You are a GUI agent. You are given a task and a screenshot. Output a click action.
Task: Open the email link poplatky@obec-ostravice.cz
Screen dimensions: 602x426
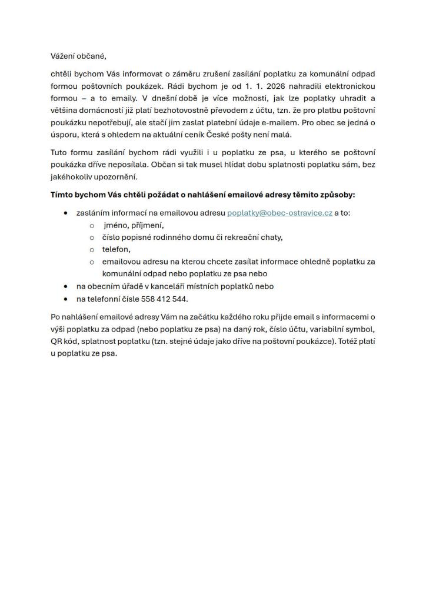point(279,212)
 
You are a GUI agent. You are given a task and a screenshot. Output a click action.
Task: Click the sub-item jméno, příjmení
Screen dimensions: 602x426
point(134,225)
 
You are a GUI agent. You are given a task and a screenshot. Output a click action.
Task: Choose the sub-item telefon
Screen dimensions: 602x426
point(116,249)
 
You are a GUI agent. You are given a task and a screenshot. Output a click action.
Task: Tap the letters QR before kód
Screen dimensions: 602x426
point(56,342)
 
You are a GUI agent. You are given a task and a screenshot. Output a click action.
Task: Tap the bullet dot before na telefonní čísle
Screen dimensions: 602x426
point(65,299)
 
